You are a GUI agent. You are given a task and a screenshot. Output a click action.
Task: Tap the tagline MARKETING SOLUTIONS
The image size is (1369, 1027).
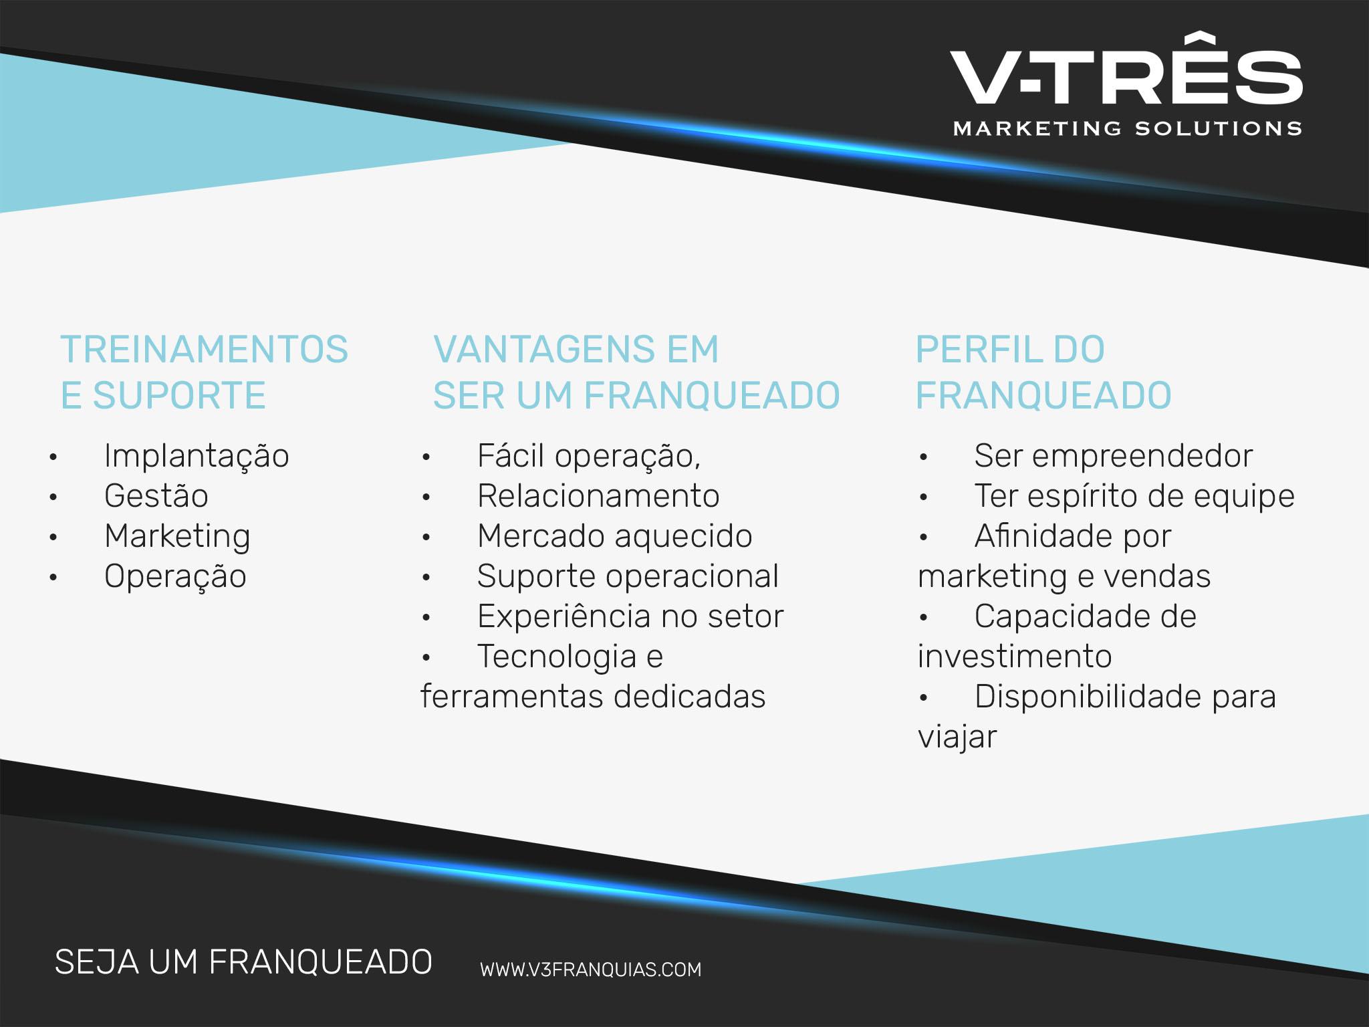point(1127,128)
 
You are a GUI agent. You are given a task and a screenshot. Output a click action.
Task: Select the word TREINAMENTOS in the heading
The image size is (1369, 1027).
point(205,349)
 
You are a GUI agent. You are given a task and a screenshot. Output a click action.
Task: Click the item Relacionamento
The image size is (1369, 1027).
point(598,496)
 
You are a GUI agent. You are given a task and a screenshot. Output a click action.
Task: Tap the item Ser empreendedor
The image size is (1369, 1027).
point(1114,457)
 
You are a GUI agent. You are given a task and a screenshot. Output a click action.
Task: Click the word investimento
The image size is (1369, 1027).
point(1015,657)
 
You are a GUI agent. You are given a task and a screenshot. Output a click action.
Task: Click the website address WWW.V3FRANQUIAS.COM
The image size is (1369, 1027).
point(591,969)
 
